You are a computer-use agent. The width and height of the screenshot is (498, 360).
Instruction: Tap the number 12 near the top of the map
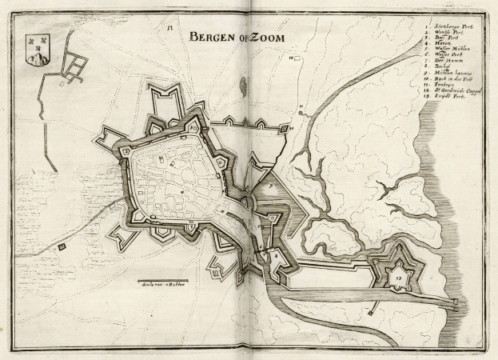tap(170, 29)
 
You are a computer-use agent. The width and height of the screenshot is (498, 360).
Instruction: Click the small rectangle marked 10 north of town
tap(293, 58)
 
